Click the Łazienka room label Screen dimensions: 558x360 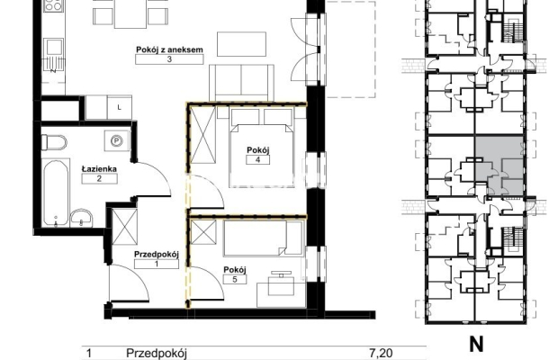coord(99,169)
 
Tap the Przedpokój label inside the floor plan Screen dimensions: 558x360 coord(157,255)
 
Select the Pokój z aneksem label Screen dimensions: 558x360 coord(169,49)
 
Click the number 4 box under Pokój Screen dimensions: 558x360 coord(257,159)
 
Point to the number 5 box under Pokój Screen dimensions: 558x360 coord(235,279)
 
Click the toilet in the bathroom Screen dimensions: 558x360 coord(54,142)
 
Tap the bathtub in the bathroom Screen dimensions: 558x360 coord(56,192)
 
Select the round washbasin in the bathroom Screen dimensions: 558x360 coord(82,218)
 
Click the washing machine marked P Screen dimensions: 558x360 coord(117,141)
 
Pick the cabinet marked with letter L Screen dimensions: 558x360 coord(119,107)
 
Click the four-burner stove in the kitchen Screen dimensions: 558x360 coord(53,6)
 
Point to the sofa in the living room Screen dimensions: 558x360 coord(241,83)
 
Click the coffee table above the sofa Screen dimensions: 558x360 coord(241,44)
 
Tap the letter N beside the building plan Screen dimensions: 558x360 coord(476,344)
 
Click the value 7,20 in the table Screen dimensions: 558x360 coord(381,353)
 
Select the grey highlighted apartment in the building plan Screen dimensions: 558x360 coord(499,165)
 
